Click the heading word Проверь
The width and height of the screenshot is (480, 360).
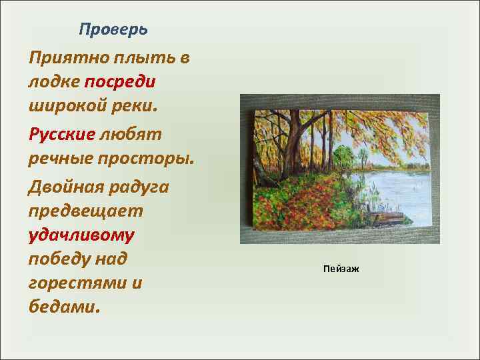click(113, 29)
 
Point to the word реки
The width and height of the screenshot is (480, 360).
click(135, 105)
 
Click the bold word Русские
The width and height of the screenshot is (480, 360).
click(62, 134)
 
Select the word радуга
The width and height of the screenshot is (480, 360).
click(141, 187)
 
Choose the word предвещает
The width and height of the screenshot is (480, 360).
click(85, 211)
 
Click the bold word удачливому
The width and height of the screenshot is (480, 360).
click(81, 235)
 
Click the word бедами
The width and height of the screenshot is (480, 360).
click(64, 307)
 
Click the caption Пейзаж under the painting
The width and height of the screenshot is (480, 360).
click(340, 269)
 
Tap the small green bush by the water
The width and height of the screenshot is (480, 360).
click(343, 159)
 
